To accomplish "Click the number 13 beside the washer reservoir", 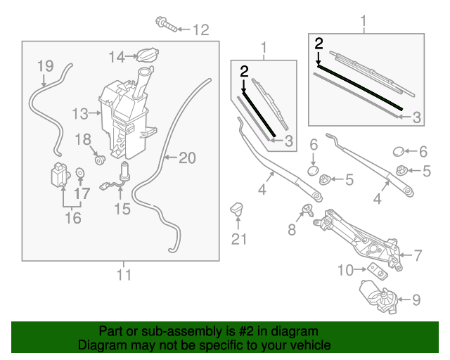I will coord(81,112).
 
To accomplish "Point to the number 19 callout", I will coord(45,66).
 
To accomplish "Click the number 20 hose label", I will coord(186,158).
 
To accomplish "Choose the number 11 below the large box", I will coord(124,274).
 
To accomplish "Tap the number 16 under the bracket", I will coord(73,218).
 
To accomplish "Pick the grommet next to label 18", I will coord(99,157).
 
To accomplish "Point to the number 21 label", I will coord(240,239).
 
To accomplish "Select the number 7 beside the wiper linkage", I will coord(416,255).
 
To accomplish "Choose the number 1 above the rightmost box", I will coord(364,25).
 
